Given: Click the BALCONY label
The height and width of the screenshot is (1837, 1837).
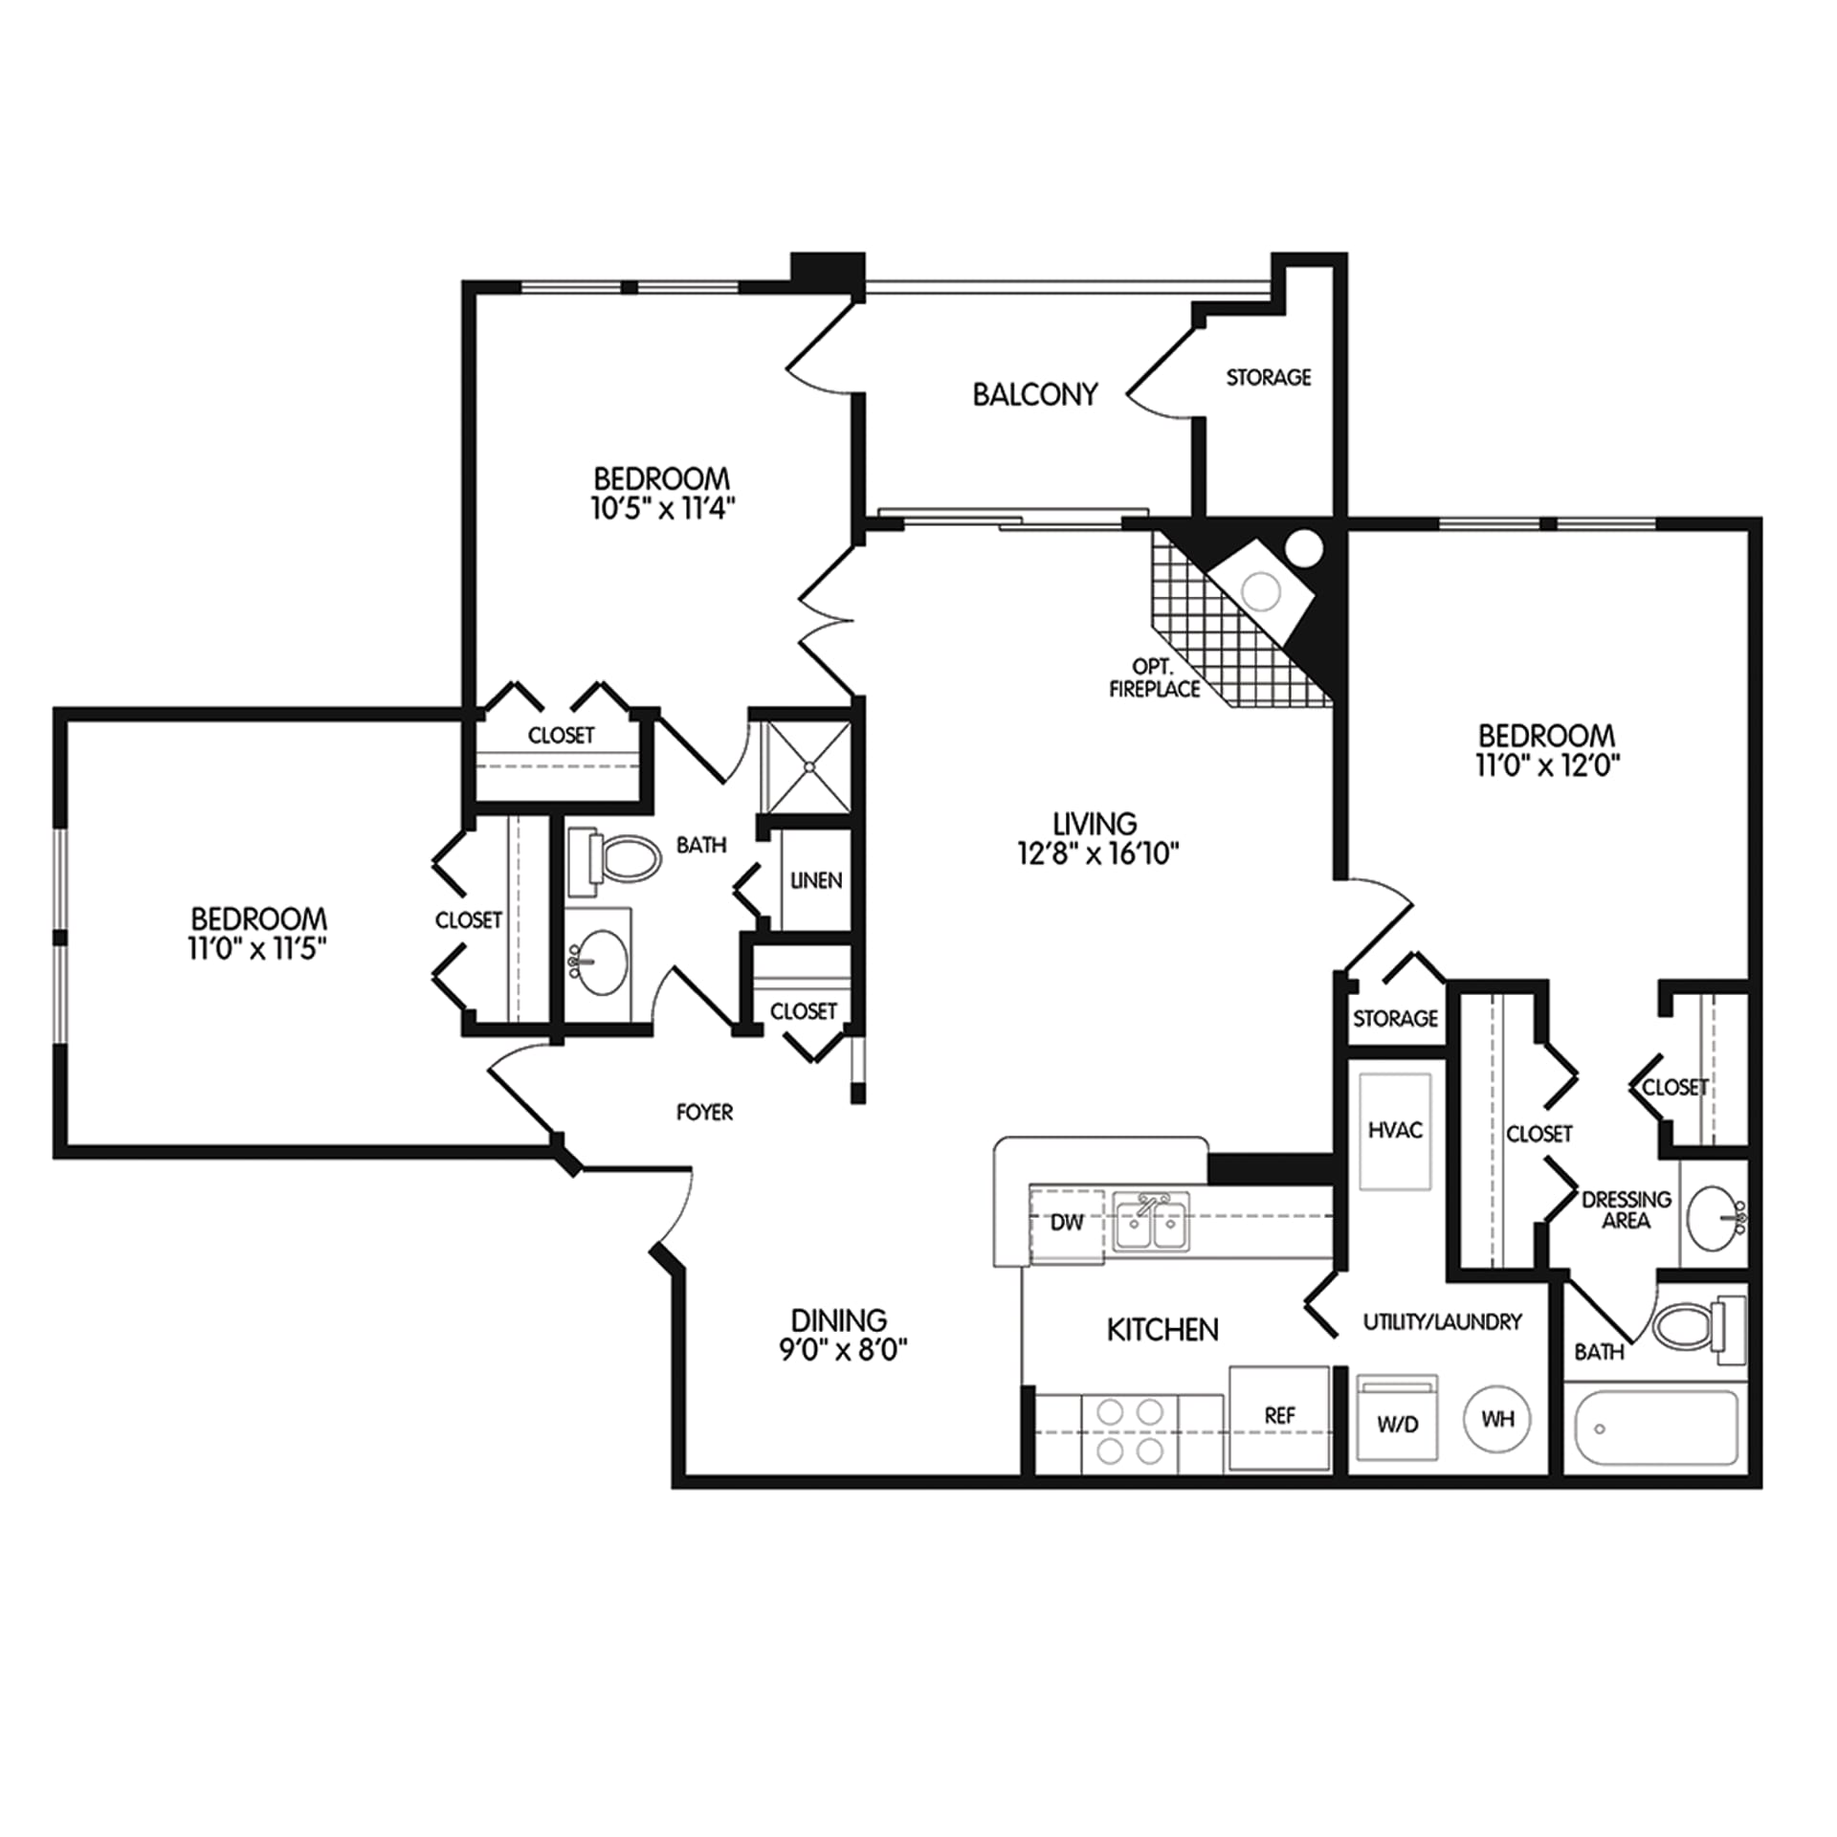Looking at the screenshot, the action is click(x=1034, y=394).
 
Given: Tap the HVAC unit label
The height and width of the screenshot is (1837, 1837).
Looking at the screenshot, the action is click(x=1395, y=1130).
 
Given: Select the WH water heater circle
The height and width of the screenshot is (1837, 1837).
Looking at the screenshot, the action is click(x=1497, y=1418).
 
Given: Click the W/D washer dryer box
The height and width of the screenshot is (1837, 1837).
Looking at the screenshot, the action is click(x=1398, y=1418).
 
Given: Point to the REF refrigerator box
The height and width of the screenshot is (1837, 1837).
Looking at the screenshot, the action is click(x=1279, y=1417).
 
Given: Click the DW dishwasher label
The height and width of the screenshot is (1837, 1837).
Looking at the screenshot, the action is click(x=1067, y=1223).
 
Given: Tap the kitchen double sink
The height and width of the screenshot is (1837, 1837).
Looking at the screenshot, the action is click(x=1152, y=1222).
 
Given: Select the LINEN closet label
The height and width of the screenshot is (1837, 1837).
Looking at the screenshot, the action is click(x=816, y=880).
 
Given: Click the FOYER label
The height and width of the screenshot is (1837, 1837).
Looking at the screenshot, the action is click(x=704, y=1112).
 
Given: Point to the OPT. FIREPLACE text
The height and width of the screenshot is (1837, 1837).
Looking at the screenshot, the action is click(x=1154, y=678).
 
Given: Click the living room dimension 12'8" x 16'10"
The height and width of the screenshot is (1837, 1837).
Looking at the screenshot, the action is click(x=1098, y=853).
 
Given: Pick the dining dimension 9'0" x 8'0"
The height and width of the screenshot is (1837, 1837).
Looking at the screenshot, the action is click(x=843, y=1349).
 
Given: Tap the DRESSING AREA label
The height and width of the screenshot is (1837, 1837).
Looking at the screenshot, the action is click(x=1627, y=1209).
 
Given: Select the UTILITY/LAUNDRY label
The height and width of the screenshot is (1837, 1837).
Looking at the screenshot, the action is click(x=1442, y=1321).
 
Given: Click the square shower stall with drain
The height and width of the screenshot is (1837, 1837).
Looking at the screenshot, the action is click(x=809, y=766).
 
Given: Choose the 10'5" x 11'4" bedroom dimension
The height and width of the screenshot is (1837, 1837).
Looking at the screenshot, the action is click(x=662, y=508).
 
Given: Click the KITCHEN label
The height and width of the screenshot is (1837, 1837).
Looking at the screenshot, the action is click(x=1162, y=1330).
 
